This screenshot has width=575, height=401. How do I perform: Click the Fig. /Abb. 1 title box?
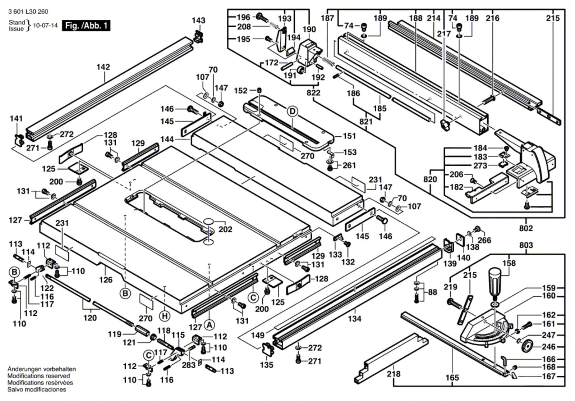[86, 26]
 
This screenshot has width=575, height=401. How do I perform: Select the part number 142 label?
[103, 67]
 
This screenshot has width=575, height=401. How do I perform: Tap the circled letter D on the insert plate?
[293, 111]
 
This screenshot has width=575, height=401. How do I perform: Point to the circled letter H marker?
[165, 316]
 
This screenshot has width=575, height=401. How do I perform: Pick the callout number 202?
[225, 229]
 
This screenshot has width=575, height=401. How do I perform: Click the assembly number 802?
[526, 228]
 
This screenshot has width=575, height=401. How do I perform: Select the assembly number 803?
[526, 245]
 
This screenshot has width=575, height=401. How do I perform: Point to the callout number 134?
[354, 318]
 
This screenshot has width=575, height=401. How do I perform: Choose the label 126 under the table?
[106, 279]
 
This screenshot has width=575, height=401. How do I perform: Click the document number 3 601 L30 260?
[28, 12]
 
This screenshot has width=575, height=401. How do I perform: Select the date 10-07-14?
[45, 26]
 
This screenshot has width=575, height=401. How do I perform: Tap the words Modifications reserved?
[38, 376]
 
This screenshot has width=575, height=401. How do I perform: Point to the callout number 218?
[394, 374]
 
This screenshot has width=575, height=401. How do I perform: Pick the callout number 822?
[313, 93]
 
